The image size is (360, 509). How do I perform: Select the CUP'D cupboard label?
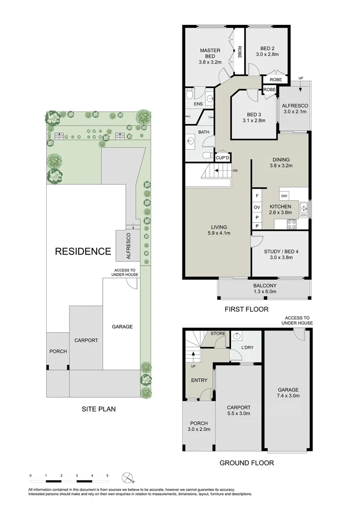tap(222, 158)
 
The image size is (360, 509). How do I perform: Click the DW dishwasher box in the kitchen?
tap(284, 196)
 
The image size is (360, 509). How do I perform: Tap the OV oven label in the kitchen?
tap(257, 207)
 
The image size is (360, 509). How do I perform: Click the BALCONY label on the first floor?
tap(264, 286)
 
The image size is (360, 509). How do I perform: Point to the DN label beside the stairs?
tap(235, 170)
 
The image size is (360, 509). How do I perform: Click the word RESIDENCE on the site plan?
tap(83, 251)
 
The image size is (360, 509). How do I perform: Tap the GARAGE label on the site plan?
tap(122, 327)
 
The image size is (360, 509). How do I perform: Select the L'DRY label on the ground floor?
tap(248, 347)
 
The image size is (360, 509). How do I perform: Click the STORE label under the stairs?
tap(218, 334)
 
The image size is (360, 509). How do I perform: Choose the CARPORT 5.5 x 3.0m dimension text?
tap(238, 414)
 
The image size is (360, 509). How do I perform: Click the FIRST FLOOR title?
tap(246, 310)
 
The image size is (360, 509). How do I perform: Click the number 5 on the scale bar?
tap(107, 476)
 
